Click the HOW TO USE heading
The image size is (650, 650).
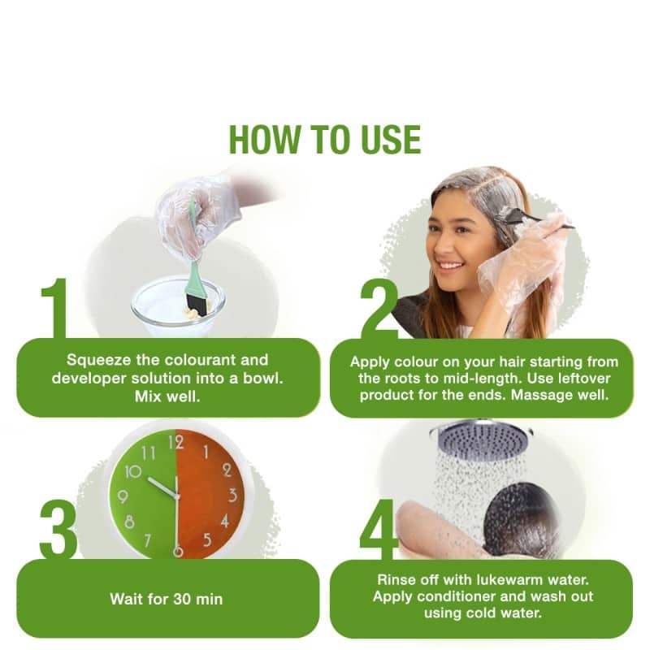(x=325, y=140)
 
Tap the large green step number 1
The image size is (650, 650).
(x=54, y=308)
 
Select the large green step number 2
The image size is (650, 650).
(x=379, y=309)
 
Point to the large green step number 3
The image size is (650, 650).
(x=58, y=530)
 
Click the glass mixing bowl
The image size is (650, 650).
(x=178, y=307)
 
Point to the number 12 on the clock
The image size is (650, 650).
(x=176, y=443)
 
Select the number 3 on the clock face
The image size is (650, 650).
(x=232, y=495)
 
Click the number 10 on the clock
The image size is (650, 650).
(x=133, y=472)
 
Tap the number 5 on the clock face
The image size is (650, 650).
(x=207, y=540)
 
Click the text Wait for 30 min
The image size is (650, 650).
(x=167, y=599)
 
